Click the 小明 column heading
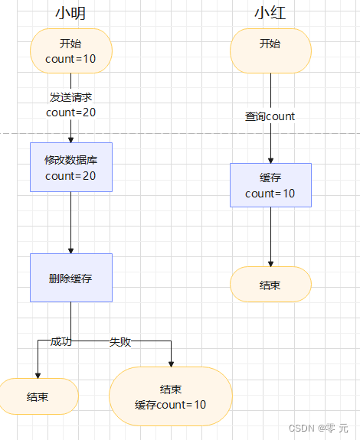[x=70, y=13]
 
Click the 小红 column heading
[x=270, y=13]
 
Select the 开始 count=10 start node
[x=71, y=51]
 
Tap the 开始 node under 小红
[x=270, y=51]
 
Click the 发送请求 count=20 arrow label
[x=71, y=105]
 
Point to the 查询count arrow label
[x=270, y=116]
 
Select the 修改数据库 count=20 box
[x=71, y=167]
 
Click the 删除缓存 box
[x=71, y=278]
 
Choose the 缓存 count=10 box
[x=270, y=185]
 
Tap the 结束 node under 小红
[x=270, y=285]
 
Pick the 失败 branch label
[x=120, y=341]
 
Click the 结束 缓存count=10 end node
[x=171, y=396]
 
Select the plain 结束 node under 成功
[x=38, y=396]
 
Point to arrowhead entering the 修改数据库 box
[x=71, y=139]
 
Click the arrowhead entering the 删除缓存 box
[x=71, y=250]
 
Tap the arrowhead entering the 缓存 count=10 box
[x=270, y=160]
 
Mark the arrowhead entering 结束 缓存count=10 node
[x=171, y=363]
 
